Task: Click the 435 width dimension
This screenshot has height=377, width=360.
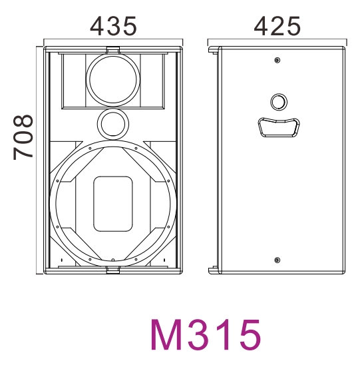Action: (113, 26)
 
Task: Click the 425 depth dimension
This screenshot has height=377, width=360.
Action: (277, 26)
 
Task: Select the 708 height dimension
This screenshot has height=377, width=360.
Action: (23, 137)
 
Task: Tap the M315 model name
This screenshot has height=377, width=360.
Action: (206, 334)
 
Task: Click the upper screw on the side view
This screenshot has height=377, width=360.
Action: (277, 60)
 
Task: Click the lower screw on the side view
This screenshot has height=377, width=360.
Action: (277, 260)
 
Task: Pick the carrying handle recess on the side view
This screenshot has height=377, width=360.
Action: (279, 127)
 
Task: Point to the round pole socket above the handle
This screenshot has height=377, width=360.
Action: (279, 102)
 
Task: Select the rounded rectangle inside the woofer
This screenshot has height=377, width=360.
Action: (113, 204)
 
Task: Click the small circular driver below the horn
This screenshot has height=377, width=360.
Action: (113, 124)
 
